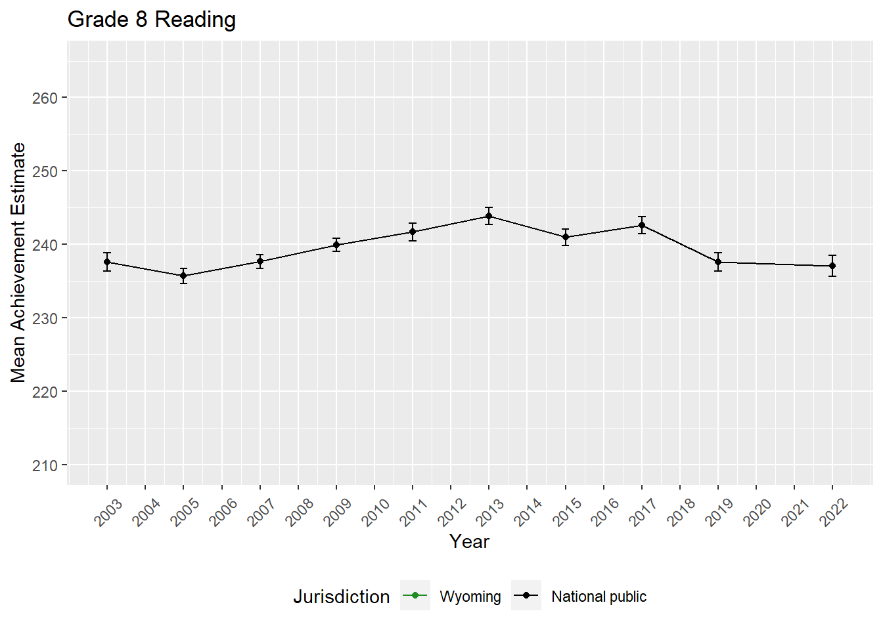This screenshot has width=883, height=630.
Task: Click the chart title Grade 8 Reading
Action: pos(152,20)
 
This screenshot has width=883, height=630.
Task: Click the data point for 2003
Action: pos(107,262)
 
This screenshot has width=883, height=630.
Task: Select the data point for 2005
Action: pos(183,276)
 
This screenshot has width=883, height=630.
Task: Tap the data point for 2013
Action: pos(489,216)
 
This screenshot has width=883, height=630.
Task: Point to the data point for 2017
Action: pos(642,225)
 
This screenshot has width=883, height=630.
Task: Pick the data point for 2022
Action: pos(832,266)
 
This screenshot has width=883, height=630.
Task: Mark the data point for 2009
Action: pos(336,245)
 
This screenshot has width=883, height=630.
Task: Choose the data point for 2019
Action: pos(718,262)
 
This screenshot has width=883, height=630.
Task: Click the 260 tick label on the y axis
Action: pos(45,98)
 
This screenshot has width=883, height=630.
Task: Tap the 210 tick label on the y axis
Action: pos(45,465)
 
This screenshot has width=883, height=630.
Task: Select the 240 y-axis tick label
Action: pos(45,245)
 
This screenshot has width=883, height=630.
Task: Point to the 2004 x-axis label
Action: pos(147,513)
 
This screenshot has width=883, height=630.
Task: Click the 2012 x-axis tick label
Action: pos(452,513)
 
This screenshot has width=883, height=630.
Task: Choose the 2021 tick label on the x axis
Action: pos(796,513)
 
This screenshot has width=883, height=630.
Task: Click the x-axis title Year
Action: pos(469,541)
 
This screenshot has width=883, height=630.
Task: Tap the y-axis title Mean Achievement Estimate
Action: pos(18,262)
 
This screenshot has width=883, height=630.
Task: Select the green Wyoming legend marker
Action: pos(415,595)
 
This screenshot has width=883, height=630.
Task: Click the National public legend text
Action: pos(599,597)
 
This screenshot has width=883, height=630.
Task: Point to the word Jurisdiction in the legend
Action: pos(341,597)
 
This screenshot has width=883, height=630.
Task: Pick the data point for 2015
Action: pos(565,237)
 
